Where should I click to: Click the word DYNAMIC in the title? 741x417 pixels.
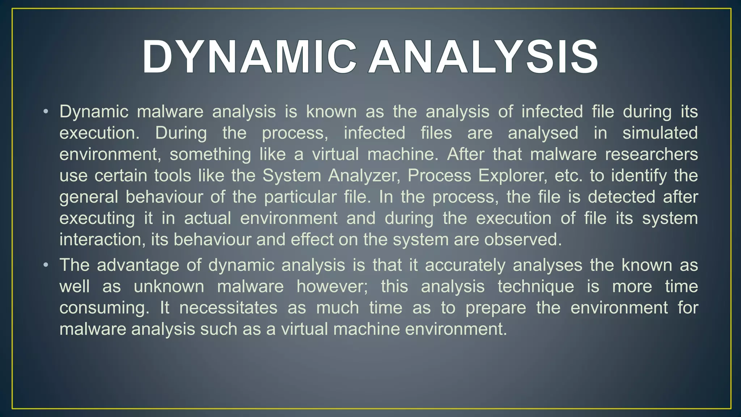(249, 57)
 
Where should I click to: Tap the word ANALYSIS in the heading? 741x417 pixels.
(483, 57)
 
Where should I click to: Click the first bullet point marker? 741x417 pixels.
(45, 111)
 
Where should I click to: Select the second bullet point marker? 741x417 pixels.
(45, 265)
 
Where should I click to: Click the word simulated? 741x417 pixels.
(660, 133)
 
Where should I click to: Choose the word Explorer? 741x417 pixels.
(512, 176)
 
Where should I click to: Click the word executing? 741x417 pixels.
(97, 219)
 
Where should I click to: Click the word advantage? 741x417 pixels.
(138, 265)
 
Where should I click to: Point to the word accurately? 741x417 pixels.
(465, 265)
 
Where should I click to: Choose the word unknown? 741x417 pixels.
(169, 287)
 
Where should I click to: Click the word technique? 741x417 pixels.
(535, 287)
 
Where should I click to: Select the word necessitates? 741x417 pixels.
(228, 308)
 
